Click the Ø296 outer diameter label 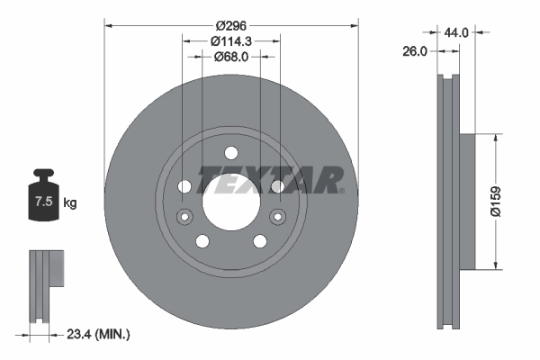pyautogui.click(x=230, y=25)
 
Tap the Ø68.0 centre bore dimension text pyautogui.click(x=230, y=57)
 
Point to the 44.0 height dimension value pyautogui.click(x=457, y=31)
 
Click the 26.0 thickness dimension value pyautogui.click(x=414, y=52)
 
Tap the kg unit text pyautogui.click(x=70, y=203)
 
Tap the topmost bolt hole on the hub pyautogui.click(x=230, y=152)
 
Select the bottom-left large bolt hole pyautogui.click(x=202, y=240)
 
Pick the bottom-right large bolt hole pyautogui.click(x=259, y=240)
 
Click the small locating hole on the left pyautogui.click(x=184, y=215)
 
